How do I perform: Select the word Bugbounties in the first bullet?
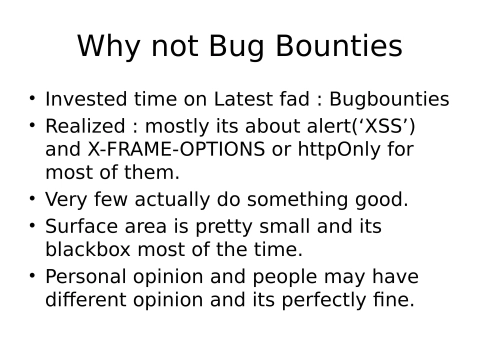point(391,101)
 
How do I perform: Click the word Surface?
point(81,226)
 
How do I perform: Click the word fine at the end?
point(392,299)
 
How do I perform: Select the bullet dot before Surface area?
point(32,226)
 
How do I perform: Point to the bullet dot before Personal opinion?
point(32,276)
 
